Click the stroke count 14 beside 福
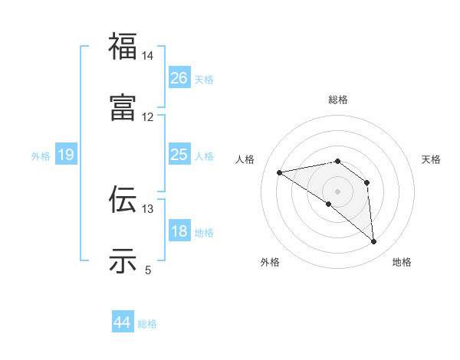tap(147, 56)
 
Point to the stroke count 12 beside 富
tap(147, 117)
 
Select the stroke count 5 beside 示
tap(148, 270)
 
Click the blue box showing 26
tap(179, 78)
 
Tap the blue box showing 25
tap(179, 155)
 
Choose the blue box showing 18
tap(179, 231)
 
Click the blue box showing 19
tap(65, 155)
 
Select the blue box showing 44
tap(122, 322)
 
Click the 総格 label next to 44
tap(147, 324)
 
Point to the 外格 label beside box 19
tap(41, 156)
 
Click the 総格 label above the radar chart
tap(338, 100)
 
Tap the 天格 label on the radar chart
tap(431, 159)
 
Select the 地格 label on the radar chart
tap(402, 262)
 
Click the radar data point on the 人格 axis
tap(280, 172)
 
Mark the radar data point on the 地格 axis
tap(374, 242)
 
